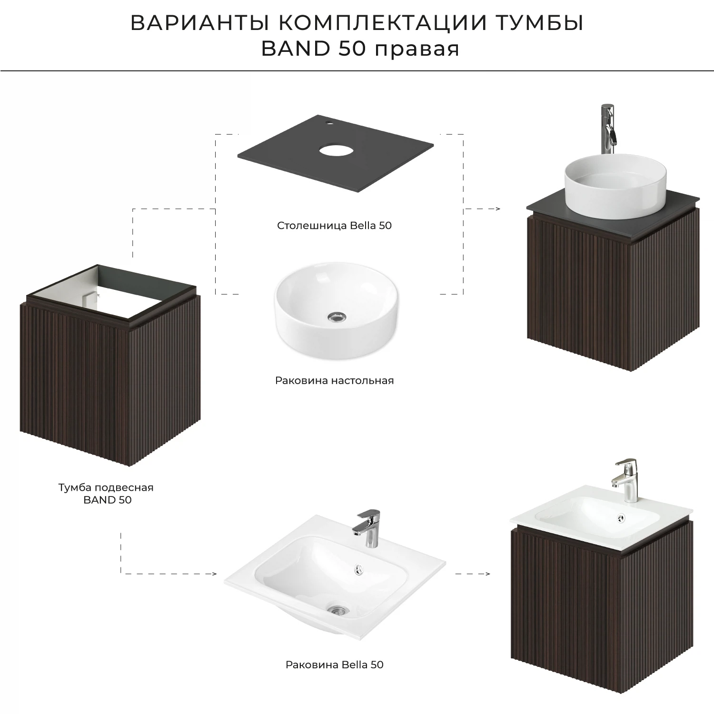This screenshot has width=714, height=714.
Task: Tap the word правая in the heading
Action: [x=417, y=49]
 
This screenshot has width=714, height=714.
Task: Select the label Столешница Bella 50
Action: [x=334, y=226]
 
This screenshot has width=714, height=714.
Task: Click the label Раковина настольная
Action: [x=334, y=381]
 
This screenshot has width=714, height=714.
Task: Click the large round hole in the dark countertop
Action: [x=336, y=152]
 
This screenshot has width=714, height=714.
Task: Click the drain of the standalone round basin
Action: [x=336, y=317]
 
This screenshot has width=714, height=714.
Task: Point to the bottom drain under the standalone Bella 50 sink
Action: [x=338, y=610]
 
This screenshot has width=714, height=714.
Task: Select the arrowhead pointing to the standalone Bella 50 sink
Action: [x=214, y=574]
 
